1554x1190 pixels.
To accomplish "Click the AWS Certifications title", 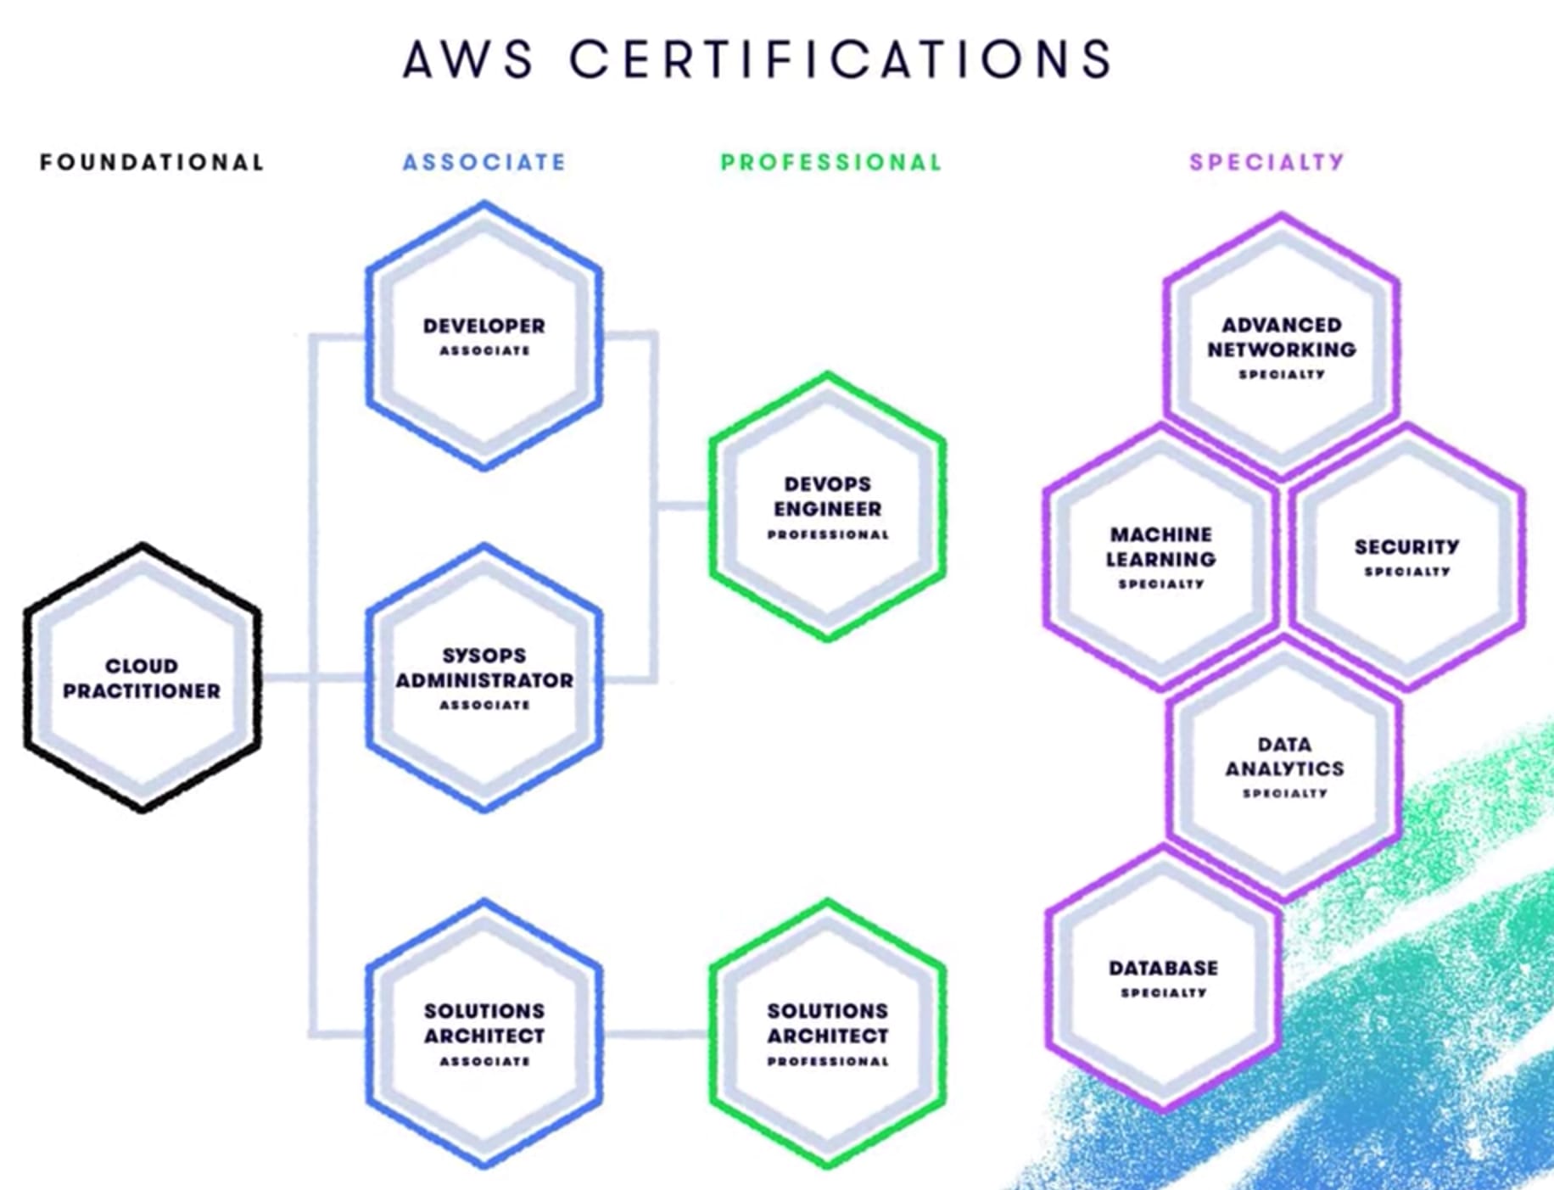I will click(x=757, y=59).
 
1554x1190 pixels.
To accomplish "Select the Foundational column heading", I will click(x=152, y=162).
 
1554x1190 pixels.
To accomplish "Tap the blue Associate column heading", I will click(x=484, y=162).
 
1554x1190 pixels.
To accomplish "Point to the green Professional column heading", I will click(x=830, y=162).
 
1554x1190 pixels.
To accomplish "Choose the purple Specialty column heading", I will click(x=1266, y=162).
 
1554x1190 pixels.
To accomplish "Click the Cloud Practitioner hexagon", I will click(x=142, y=678).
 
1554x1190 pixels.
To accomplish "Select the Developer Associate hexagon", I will click(x=484, y=336).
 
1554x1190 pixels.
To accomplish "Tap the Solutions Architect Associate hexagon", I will click(x=484, y=1033).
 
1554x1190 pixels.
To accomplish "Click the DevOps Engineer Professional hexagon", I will click(x=828, y=507).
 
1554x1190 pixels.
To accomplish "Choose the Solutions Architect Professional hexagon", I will click(x=828, y=1033).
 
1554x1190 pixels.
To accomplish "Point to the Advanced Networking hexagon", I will click(x=1282, y=346).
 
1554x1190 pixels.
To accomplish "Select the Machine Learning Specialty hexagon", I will click(x=1160, y=556).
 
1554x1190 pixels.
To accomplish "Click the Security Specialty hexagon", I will click(x=1406, y=556).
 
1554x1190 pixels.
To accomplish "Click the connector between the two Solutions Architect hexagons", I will click(x=656, y=1034).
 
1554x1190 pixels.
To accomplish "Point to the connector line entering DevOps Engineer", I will click(x=683, y=506).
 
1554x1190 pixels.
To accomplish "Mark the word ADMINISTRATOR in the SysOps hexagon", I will click(x=484, y=680).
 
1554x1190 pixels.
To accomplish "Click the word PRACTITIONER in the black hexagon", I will click(x=142, y=691).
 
